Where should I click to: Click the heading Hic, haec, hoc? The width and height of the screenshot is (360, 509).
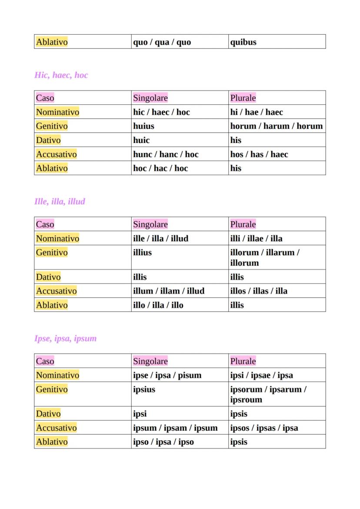(61, 75)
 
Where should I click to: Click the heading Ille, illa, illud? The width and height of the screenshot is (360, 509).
(60, 202)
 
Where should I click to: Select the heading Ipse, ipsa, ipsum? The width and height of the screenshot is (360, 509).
(65, 339)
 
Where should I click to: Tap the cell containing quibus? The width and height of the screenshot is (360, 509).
(243, 42)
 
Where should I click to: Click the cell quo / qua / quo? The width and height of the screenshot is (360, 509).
(162, 42)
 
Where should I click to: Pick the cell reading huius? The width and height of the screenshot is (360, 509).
(143, 126)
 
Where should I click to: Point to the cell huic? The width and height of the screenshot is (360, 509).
(141, 140)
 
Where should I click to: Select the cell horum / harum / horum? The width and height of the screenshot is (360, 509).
(277, 126)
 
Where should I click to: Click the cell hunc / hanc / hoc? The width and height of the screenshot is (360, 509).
(166, 154)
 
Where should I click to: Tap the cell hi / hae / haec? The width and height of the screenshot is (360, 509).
(257, 112)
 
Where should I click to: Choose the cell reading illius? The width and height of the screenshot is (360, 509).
(143, 253)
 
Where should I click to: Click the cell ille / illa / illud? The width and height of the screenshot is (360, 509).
(160, 239)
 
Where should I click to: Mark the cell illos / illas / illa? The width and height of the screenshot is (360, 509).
(259, 291)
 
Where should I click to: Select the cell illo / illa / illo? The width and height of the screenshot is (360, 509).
(158, 305)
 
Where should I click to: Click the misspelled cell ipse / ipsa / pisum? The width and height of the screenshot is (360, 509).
(167, 375)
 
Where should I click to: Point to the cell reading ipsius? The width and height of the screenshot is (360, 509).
(144, 389)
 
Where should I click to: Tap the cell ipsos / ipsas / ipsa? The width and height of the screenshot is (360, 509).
(264, 428)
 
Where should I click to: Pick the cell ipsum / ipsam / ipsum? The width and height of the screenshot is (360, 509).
(175, 428)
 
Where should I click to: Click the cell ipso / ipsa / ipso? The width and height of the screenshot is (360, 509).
(163, 442)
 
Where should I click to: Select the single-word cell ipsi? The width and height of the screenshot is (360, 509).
(140, 414)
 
